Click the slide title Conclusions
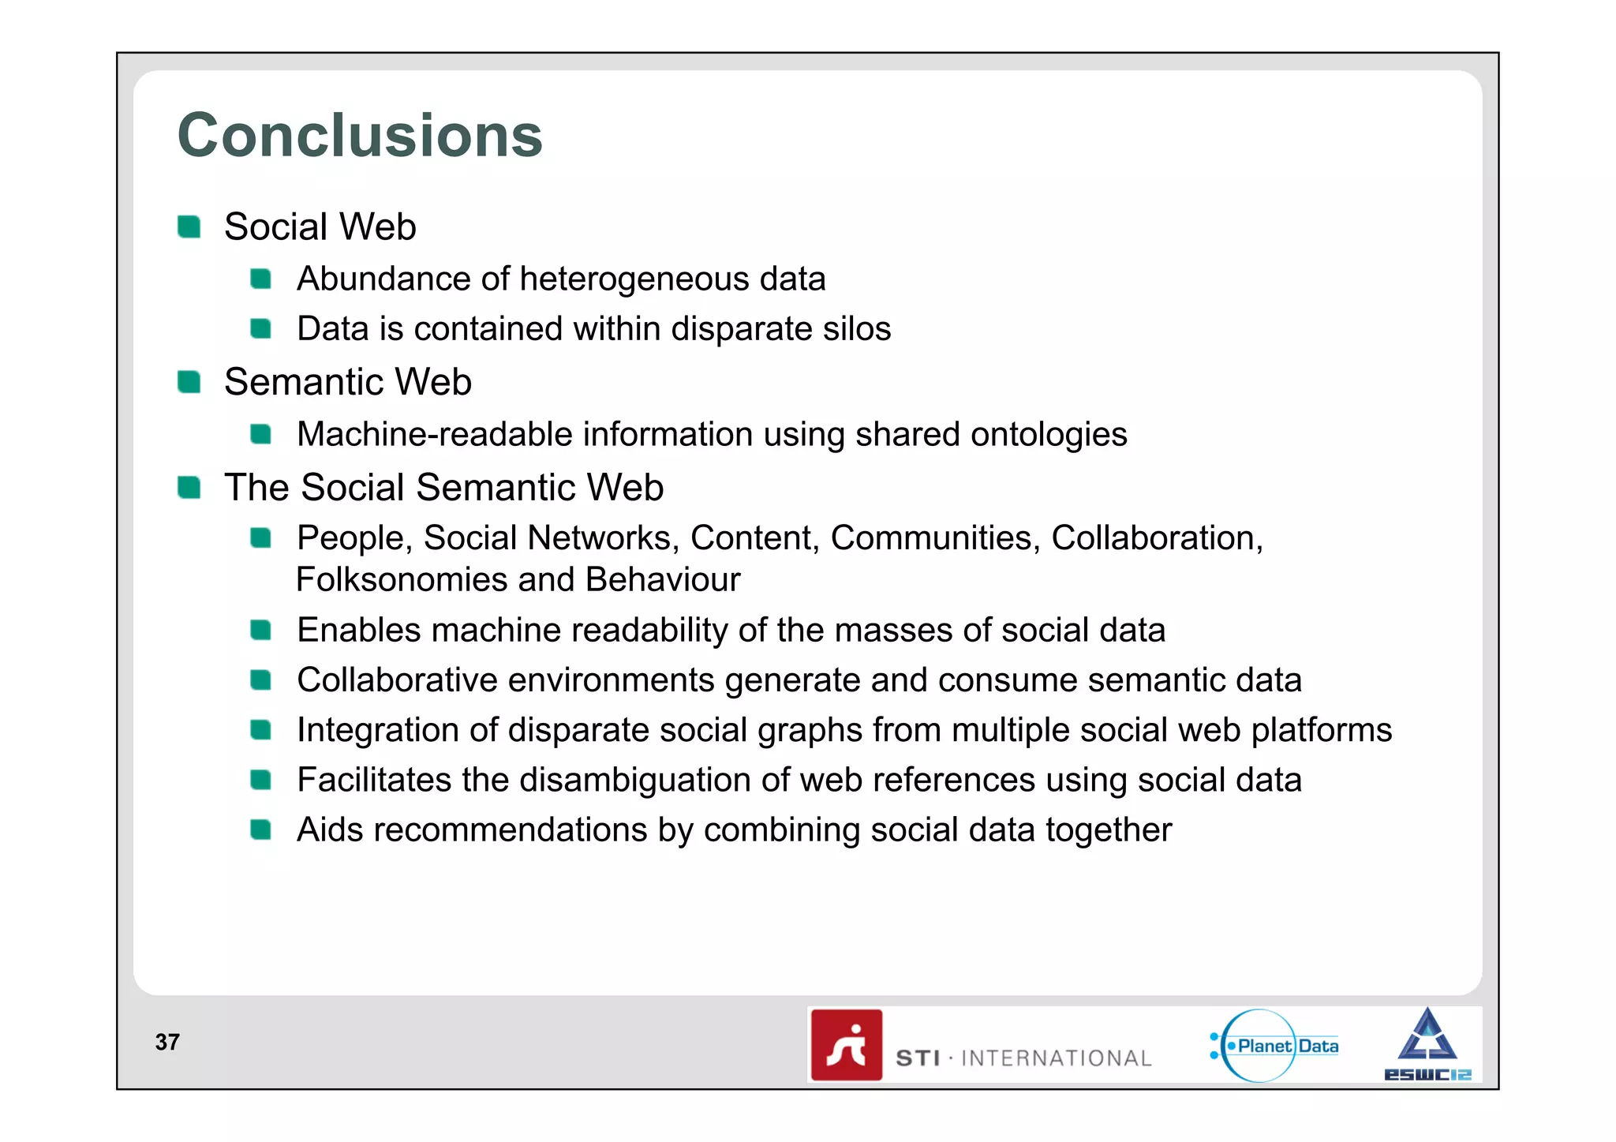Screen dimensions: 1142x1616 (360, 136)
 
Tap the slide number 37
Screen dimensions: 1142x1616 (167, 1042)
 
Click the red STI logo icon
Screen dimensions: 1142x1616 (847, 1045)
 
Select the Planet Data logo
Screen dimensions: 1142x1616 (1275, 1046)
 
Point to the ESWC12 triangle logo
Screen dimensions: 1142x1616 (1427, 1043)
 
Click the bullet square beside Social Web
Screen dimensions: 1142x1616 (189, 227)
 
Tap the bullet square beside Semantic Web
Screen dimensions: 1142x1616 (189, 382)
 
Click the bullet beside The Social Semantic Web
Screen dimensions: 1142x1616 (189, 488)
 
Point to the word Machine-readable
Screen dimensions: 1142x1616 (434, 434)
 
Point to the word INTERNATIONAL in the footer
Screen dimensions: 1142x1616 (1056, 1058)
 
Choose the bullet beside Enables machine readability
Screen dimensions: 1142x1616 (261, 630)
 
